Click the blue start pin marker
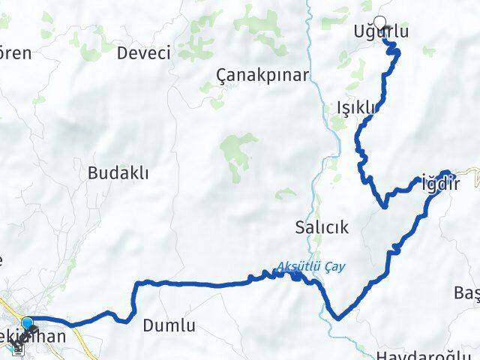28,324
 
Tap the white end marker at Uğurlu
380,22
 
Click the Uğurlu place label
381,32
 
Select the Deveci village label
144,53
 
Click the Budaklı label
118,172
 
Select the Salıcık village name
322,227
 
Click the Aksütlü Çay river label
312,266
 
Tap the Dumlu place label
169,325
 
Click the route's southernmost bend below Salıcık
337,318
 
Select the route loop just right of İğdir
448,173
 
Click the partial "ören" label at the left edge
15,53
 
